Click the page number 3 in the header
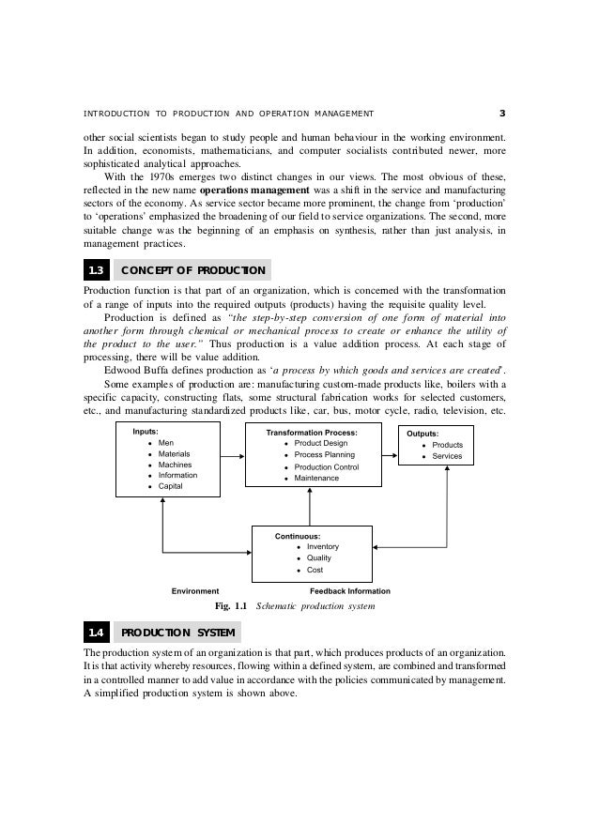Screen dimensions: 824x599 click(x=502, y=115)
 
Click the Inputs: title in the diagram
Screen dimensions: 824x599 click(x=146, y=432)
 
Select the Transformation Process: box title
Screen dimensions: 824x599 click(x=312, y=432)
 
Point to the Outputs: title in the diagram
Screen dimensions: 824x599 click(x=428, y=434)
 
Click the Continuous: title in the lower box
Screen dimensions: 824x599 click(x=298, y=535)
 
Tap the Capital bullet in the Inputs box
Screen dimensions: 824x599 click(x=172, y=486)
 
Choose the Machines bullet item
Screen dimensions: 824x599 click(x=175, y=465)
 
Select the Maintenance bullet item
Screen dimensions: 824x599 click(x=317, y=478)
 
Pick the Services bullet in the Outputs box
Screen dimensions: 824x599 click(x=447, y=456)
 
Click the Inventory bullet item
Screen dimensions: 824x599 click(x=323, y=546)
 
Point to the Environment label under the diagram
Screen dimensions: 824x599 click(x=195, y=591)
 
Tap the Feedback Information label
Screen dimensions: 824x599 click(x=350, y=591)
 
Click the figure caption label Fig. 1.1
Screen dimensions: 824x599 click(x=232, y=606)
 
